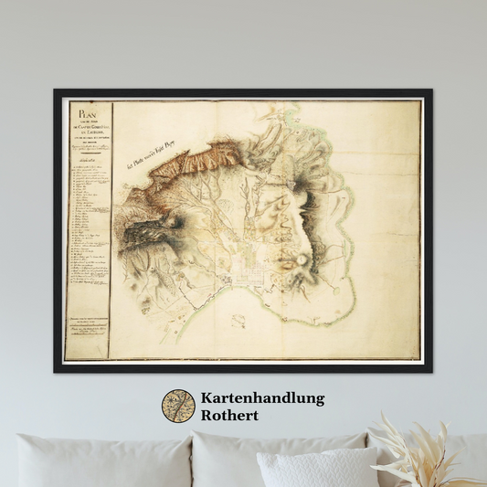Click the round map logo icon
click(178, 407)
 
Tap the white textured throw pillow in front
click(317, 467)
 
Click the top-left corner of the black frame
click(56, 90)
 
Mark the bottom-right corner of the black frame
click(430, 371)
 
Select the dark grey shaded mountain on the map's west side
click(145, 229)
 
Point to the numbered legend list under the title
click(90, 219)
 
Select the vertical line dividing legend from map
click(112, 228)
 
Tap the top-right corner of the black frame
click(430, 90)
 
